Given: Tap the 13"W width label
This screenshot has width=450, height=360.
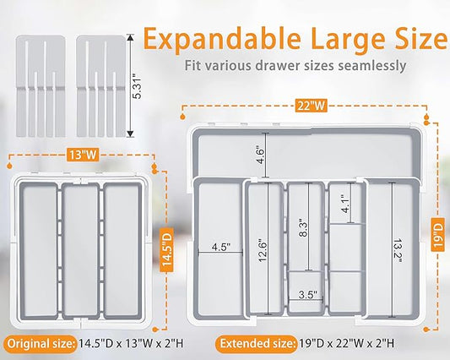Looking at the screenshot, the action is coord(83,155).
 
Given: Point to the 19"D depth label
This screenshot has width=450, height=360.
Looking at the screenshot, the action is coord(438,234).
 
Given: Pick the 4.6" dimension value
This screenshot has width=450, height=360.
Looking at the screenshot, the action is coord(261,155).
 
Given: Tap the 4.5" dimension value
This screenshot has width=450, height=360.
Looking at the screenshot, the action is coord(221,247).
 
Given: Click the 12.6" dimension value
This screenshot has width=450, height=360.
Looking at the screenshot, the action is coord(263,250).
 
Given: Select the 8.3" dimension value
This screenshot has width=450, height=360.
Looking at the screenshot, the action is coord(303,229).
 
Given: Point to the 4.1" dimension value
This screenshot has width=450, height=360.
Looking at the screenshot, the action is coord(346,204).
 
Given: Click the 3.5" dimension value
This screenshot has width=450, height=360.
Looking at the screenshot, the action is coord(307,294).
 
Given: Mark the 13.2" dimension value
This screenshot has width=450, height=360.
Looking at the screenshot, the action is coord(398,250).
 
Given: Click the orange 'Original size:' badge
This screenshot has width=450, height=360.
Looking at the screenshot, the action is coord(41,344).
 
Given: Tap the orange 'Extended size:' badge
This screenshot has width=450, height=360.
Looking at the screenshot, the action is coord(258,344).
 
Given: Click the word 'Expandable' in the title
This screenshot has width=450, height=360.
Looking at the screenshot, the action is coord(222,40).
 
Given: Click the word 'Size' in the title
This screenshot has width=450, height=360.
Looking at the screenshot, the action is coord(420,38).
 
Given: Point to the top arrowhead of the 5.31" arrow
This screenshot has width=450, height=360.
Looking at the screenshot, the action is coord(130,37).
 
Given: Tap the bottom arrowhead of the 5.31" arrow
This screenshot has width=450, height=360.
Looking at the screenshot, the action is coord(130,134).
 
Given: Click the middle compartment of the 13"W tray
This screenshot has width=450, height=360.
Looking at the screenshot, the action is coord(80,250).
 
